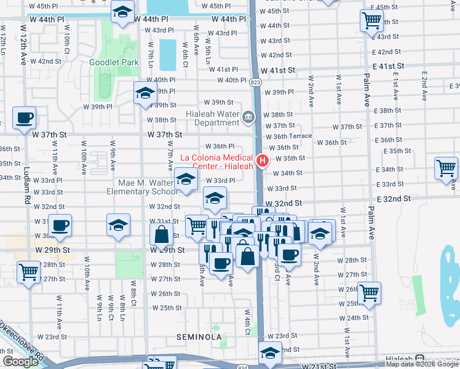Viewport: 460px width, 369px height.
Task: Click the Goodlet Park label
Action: [x=113, y=62]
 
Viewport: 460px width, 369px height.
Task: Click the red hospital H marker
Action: [x=263, y=161]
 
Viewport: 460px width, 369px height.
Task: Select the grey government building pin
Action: [x=248, y=117]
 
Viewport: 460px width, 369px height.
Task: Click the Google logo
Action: [x=20, y=362]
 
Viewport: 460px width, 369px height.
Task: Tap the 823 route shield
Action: [x=256, y=82]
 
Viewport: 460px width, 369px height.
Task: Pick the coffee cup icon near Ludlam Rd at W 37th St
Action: [x=24, y=117]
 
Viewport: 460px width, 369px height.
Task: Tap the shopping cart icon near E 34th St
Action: [x=446, y=168]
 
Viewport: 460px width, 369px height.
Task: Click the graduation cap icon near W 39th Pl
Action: [x=145, y=93]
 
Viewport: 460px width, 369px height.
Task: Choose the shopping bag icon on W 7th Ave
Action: [x=161, y=234]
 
